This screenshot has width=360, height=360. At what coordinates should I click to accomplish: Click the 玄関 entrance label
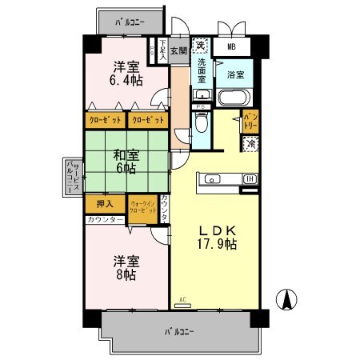tap(178, 50)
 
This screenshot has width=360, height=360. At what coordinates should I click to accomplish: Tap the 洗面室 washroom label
tap(202, 70)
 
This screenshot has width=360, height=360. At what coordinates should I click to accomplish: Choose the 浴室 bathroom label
tap(236, 75)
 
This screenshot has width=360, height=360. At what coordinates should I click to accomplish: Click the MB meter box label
tap(233, 48)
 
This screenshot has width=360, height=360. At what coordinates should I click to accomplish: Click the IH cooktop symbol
tap(250, 178)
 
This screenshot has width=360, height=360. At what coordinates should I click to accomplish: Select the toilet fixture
tap(202, 124)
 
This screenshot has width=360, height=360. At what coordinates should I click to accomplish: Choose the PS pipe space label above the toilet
tap(202, 105)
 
